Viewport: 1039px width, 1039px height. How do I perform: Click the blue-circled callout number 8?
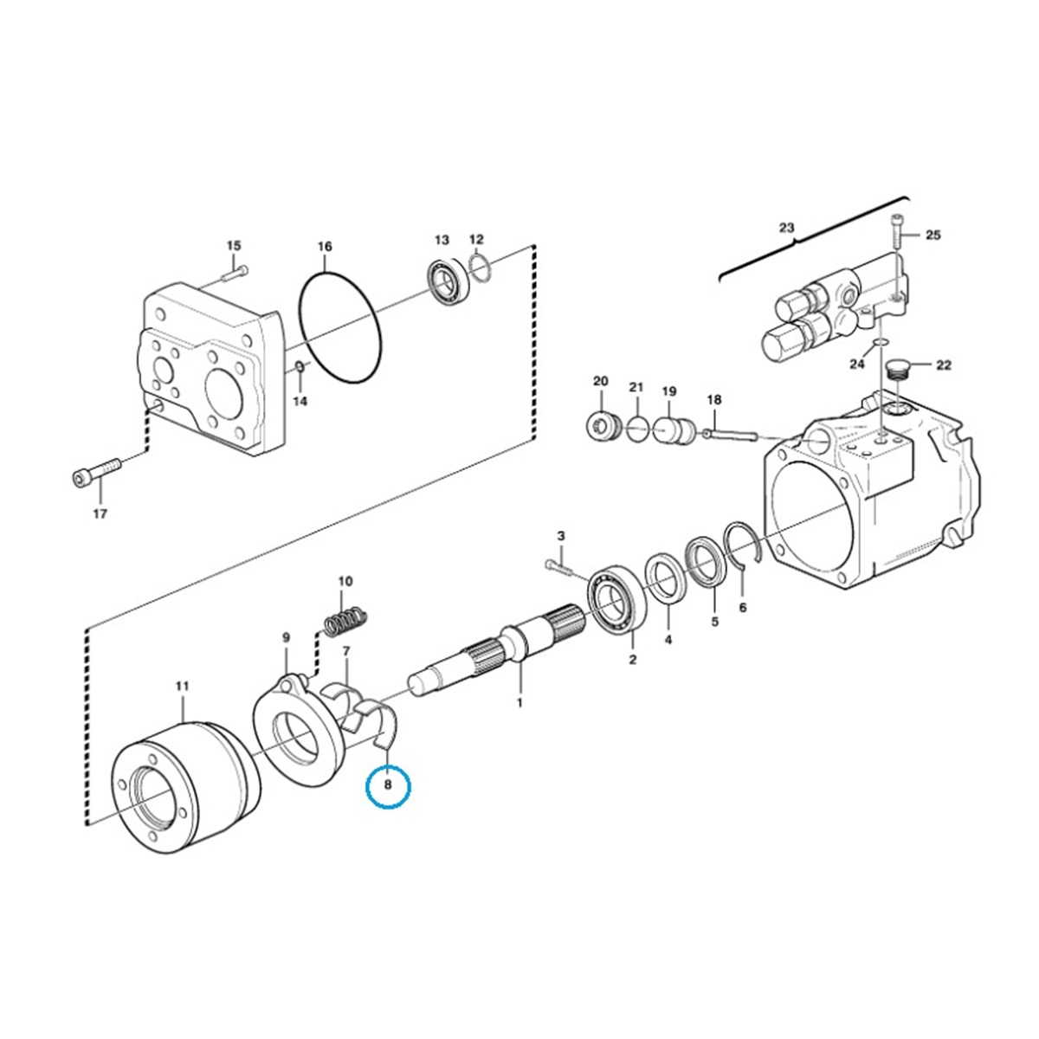pos(388,784)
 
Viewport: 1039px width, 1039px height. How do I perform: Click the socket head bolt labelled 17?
pos(98,470)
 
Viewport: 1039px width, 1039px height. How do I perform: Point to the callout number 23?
pos(786,228)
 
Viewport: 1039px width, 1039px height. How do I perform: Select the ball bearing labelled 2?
pos(618,598)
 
